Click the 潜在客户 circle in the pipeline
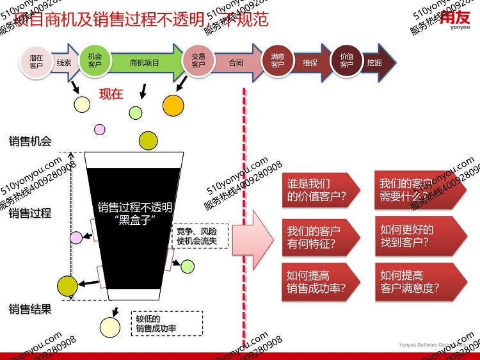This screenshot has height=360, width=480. [36, 62]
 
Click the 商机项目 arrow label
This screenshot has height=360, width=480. [144, 63]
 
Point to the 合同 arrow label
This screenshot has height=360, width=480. [236, 63]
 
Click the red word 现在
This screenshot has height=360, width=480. [111, 94]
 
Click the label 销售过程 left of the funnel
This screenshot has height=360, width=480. [29, 213]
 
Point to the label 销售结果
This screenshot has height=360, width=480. [29, 309]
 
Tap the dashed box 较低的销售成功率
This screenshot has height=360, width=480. [166, 323]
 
